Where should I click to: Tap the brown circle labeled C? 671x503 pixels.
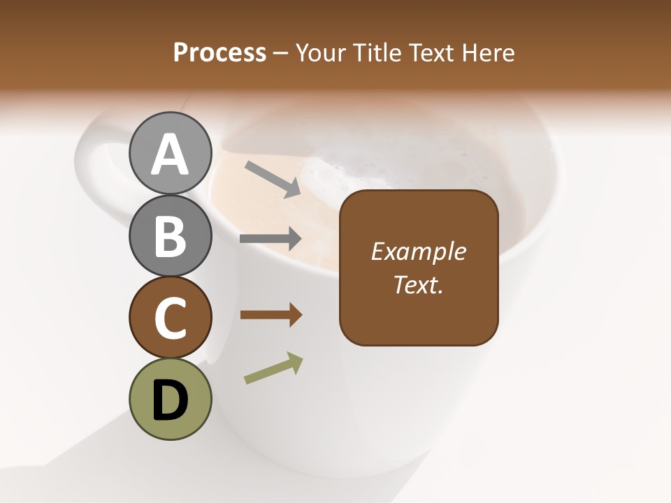170,317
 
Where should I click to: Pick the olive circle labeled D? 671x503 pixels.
170,399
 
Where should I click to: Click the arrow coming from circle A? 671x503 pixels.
273,179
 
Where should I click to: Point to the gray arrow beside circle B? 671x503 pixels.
270,239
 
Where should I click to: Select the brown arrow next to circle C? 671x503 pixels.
270,315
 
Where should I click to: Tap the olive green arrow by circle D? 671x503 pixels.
273,368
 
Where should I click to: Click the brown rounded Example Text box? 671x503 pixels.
419,268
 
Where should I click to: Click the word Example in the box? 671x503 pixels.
419,251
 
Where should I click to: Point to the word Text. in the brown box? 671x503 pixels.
419,284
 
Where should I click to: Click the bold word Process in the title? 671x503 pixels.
219,52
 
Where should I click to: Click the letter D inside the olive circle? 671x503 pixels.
170,400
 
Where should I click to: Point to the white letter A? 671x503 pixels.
170,154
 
